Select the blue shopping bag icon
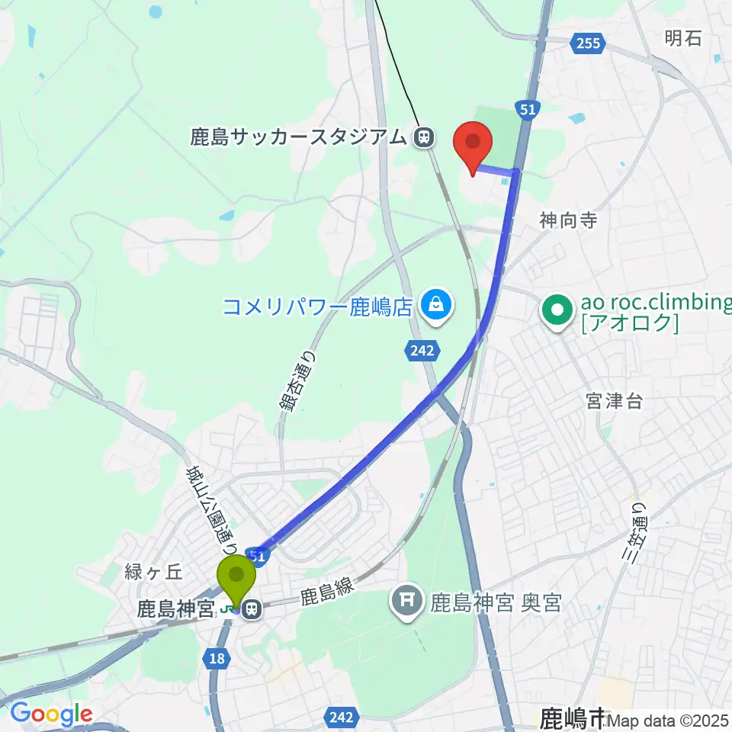[435, 307]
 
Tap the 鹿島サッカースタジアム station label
[299, 137]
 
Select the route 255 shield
[589, 43]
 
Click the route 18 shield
[217, 658]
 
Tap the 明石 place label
[682, 37]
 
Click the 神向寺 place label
[567, 221]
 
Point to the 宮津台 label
[614, 401]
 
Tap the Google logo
[50, 714]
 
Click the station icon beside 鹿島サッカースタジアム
[423, 137]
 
